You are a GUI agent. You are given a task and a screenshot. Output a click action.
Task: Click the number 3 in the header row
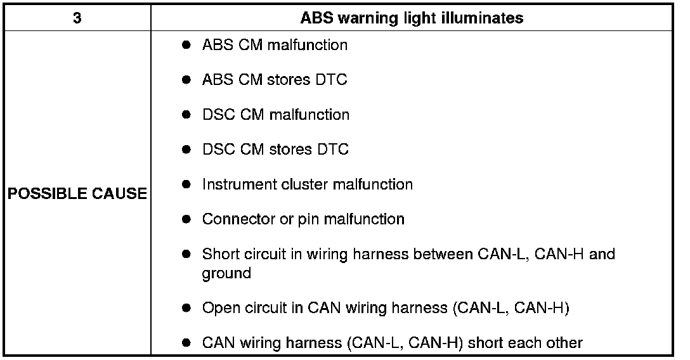(x=77, y=18)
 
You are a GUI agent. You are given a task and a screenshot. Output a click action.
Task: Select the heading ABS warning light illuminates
(x=412, y=18)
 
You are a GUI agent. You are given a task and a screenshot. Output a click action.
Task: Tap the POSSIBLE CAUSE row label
(x=77, y=194)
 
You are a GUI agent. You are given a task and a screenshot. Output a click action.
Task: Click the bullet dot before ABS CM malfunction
(x=186, y=46)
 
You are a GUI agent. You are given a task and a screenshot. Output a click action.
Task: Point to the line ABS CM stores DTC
(x=275, y=80)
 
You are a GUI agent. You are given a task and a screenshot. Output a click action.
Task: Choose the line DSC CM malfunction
(x=275, y=115)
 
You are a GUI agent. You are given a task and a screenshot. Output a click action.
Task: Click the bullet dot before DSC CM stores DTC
(x=186, y=150)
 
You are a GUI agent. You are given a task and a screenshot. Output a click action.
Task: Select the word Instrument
(x=234, y=184)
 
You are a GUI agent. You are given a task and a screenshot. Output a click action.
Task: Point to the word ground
(x=226, y=274)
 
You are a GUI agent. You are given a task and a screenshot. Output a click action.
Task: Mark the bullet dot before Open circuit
(x=186, y=309)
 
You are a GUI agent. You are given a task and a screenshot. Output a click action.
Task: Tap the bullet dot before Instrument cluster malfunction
(x=186, y=184)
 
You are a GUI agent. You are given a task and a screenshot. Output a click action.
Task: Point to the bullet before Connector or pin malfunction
(x=186, y=219)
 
